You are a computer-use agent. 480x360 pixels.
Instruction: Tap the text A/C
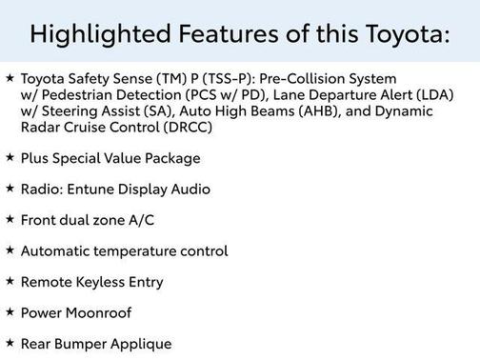pos(138,220)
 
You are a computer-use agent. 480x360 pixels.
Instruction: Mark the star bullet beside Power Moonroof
pos(10,312)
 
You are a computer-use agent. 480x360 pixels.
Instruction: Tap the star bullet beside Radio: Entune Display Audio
pos(10,189)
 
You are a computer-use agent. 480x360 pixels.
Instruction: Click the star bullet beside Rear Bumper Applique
pos(10,343)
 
